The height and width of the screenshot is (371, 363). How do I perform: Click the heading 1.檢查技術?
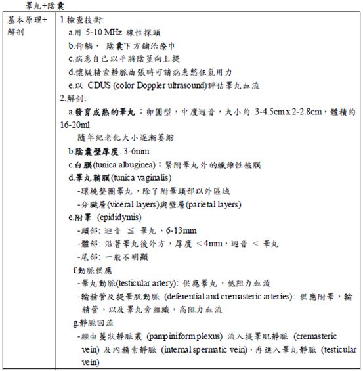(x=85, y=20)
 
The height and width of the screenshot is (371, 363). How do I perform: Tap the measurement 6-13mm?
(x=181, y=230)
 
